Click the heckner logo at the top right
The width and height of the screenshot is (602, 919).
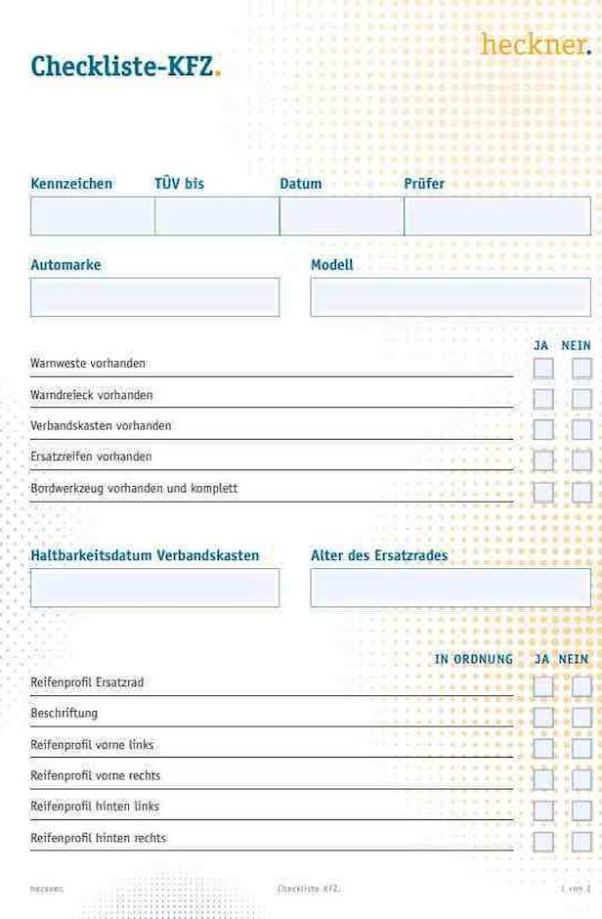(x=535, y=44)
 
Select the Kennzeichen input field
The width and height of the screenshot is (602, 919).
(x=92, y=216)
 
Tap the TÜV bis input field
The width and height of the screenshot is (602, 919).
(x=217, y=216)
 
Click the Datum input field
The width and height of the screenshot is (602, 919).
(x=341, y=216)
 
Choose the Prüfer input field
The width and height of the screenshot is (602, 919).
(x=496, y=216)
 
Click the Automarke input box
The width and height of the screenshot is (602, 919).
(x=154, y=297)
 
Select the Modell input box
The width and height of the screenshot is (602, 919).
(x=450, y=297)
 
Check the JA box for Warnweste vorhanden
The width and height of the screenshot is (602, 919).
(x=543, y=368)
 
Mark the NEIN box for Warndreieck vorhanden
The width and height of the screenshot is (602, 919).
(x=581, y=399)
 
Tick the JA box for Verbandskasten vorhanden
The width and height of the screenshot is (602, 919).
(x=543, y=429)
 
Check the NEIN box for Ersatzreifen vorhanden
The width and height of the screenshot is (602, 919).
(x=581, y=460)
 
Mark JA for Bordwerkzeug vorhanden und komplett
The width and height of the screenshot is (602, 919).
(x=543, y=492)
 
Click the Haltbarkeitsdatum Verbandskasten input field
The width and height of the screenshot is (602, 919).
(x=154, y=588)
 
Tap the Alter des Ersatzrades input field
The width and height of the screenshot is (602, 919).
(x=450, y=588)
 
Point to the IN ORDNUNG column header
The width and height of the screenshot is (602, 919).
(x=473, y=659)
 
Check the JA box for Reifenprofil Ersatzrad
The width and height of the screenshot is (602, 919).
(x=543, y=686)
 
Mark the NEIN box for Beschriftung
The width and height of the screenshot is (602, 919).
(x=581, y=718)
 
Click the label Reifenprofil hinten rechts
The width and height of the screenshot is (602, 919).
(x=98, y=838)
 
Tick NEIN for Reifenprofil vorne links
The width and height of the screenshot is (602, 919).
(x=581, y=749)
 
